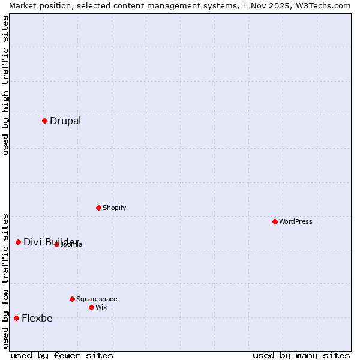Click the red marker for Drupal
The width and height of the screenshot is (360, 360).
[44, 121]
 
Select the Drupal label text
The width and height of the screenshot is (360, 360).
[65, 121]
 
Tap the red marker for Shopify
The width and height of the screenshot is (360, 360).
[98, 208]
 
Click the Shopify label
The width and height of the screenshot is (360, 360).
[114, 208]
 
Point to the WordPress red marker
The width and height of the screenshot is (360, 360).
[275, 221]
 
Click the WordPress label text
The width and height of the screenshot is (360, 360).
[296, 222]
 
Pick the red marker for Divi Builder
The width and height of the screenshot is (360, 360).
[18, 242]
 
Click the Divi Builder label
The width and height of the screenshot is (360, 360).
[51, 242]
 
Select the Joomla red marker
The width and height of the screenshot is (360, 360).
[56, 244]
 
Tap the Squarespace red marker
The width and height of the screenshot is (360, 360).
[72, 299]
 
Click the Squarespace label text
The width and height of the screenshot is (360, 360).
[97, 299]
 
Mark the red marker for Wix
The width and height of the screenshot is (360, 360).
[91, 307]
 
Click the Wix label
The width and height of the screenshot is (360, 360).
[101, 308]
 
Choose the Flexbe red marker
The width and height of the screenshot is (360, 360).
[16, 318]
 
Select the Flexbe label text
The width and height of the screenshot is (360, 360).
[37, 319]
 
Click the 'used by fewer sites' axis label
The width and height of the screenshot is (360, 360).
[62, 355]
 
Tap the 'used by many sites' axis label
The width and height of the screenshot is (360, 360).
[301, 355]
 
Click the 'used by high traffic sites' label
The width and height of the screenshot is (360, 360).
[5, 85]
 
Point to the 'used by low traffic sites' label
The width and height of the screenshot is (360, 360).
[5, 280]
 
